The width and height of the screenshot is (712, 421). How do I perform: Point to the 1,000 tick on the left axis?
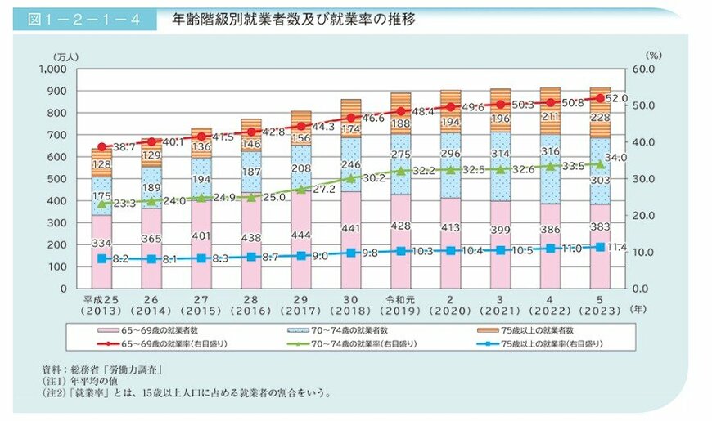pyautogui.click(x=61, y=69)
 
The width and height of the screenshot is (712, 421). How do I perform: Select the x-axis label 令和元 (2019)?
pyautogui.click(x=401, y=305)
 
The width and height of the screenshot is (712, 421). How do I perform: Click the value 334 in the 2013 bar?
pyautogui.click(x=101, y=244)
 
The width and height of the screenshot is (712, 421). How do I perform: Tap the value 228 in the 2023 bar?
pyautogui.click(x=600, y=117)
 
